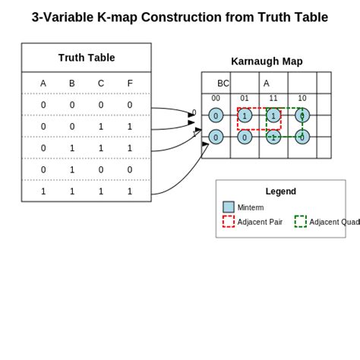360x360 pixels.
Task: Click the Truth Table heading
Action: click(87, 58)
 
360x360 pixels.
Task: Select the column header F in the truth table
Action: click(130, 84)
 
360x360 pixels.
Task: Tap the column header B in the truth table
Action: click(72, 84)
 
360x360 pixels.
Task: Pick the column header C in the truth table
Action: click(101, 84)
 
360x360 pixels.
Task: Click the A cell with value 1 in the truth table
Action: click(43, 191)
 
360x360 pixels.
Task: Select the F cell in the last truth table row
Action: click(130, 191)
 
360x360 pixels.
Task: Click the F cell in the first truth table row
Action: click(130, 106)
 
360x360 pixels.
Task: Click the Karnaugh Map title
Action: click(267, 62)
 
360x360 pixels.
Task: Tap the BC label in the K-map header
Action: click(223, 84)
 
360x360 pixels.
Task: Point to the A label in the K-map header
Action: click(267, 84)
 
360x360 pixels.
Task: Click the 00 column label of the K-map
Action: click(216, 98)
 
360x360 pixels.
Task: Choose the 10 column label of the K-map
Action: click(302, 98)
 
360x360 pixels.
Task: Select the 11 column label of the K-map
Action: click(273, 98)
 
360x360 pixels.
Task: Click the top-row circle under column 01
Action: click(245, 115)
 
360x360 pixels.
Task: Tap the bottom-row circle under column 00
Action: click(216, 137)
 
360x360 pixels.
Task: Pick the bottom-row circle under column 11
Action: click(273, 137)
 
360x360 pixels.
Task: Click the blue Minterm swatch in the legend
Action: click(229, 207)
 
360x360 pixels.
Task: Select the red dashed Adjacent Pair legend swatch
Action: click(229, 222)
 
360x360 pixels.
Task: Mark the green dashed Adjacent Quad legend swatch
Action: click(301, 222)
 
